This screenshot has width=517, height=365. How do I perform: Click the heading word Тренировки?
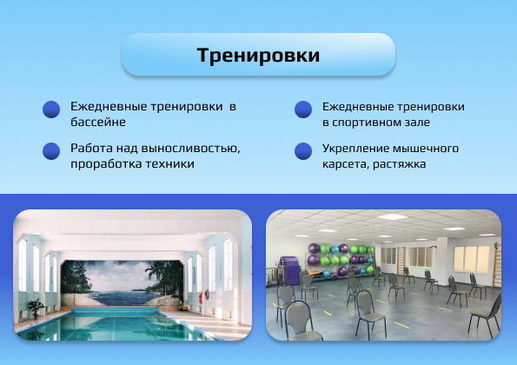[258, 55]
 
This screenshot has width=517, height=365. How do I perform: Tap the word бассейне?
[98, 122]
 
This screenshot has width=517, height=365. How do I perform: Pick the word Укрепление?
[355, 149]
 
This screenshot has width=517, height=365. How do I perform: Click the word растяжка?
[400, 164]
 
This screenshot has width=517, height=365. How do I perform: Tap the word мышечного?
[425, 149]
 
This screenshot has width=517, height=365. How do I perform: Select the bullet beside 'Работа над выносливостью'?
[51, 151]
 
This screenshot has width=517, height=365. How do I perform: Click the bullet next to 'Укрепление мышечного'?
[303, 151]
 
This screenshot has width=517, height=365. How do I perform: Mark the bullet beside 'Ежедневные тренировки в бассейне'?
[51, 109]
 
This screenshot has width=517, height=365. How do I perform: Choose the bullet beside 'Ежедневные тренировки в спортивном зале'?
[303, 109]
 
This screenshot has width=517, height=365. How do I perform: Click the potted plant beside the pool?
[36, 309]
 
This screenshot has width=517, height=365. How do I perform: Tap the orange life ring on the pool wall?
[201, 297]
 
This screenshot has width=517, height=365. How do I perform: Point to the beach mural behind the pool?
[122, 283]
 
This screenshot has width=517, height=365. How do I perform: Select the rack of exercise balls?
[340, 261]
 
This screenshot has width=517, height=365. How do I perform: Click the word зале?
[419, 123]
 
